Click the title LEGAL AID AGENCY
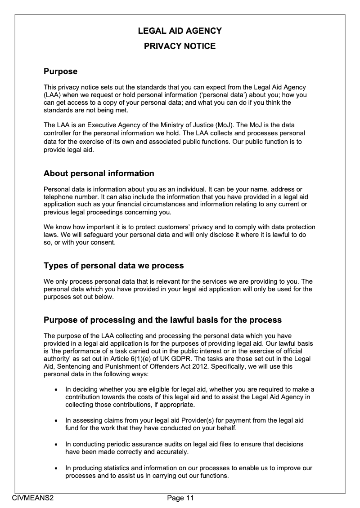point(180,31)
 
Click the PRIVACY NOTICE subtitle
point(180,46)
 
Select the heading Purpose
point(60,71)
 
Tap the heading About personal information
point(99,174)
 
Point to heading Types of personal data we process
point(113,266)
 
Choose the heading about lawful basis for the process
point(162,320)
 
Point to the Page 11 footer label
point(180,498)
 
